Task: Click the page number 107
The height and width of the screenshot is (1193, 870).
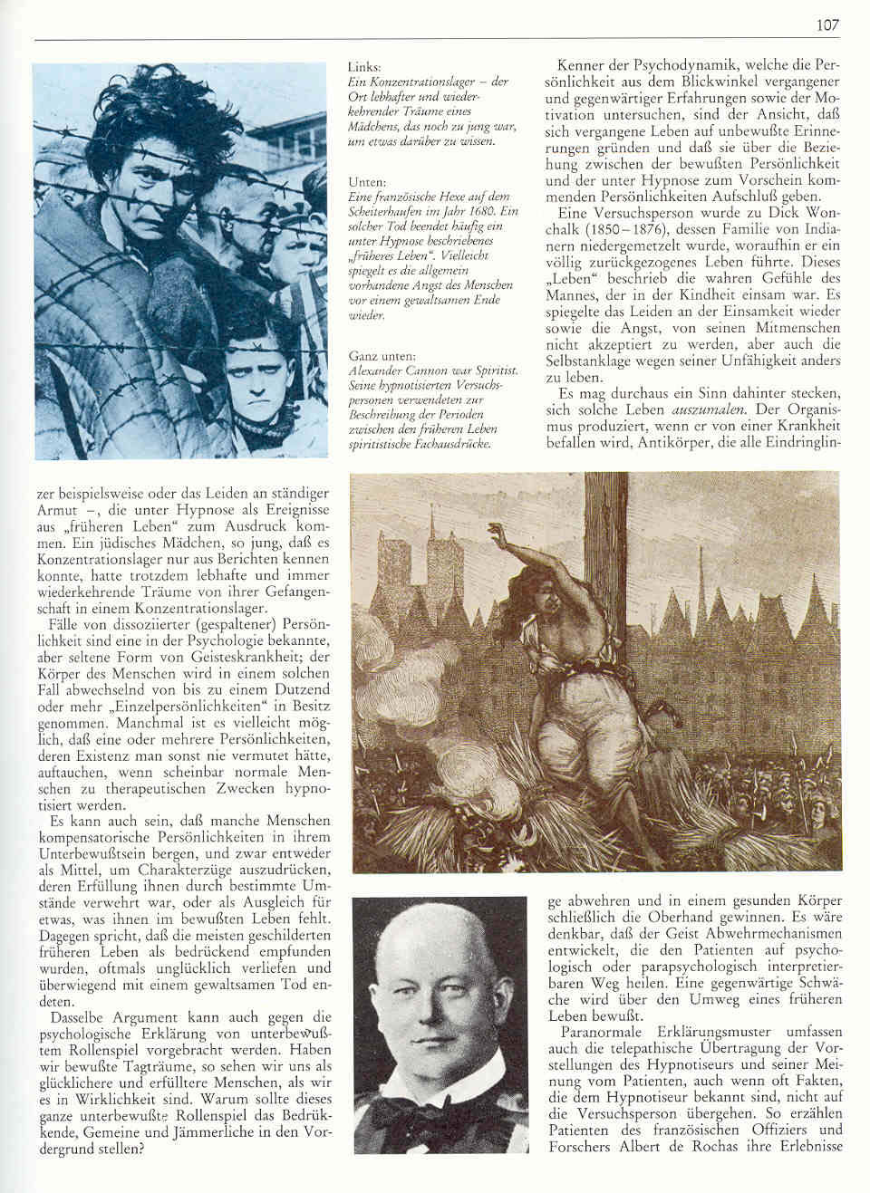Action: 827,25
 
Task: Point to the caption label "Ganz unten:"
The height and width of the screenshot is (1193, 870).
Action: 382,356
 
